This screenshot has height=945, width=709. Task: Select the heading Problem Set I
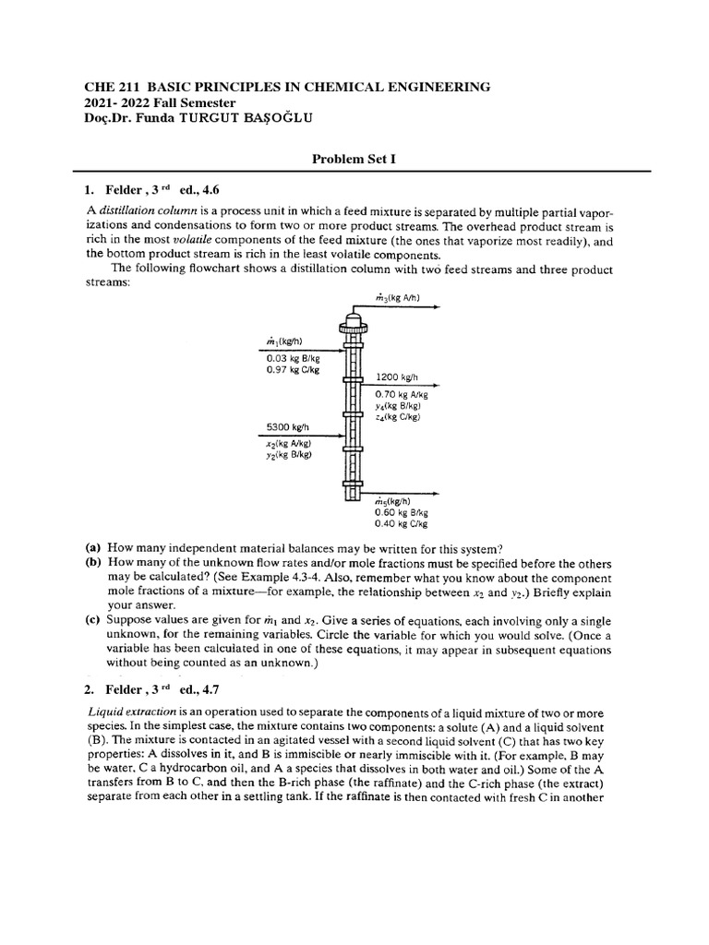354,159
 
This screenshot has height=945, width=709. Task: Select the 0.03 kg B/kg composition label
293,358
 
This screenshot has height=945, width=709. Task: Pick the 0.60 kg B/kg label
399,511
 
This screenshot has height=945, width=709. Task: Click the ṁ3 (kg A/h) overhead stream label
398,297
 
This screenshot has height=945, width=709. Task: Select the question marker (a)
93,546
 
